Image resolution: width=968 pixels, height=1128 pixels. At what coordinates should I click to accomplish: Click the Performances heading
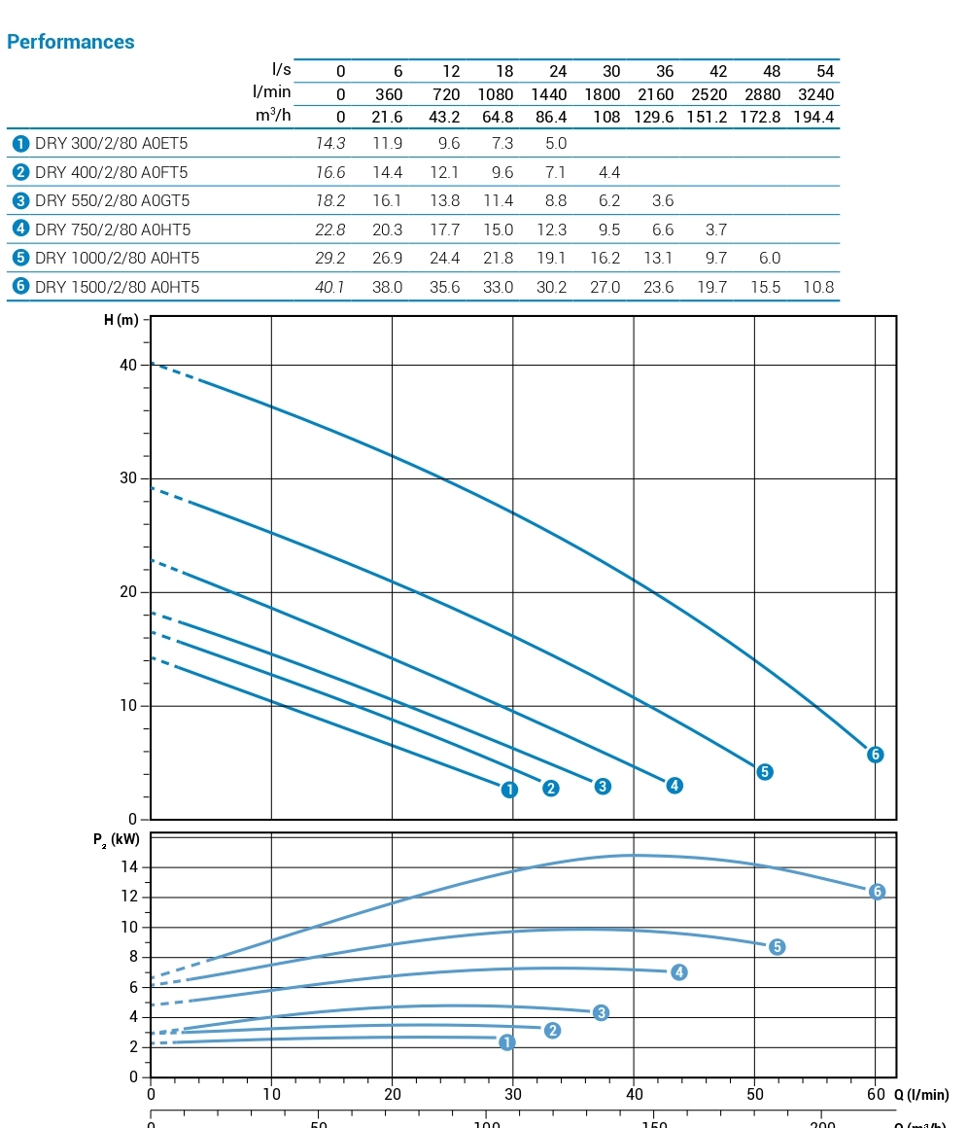(x=70, y=42)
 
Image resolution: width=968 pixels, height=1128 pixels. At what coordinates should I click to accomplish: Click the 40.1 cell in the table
(x=330, y=287)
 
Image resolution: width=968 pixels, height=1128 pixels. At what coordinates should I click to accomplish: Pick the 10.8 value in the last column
(x=817, y=287)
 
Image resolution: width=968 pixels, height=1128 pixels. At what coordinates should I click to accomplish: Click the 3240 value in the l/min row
(x=813, y=94)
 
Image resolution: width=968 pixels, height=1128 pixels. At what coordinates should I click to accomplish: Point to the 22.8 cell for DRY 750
(x=330, y=229)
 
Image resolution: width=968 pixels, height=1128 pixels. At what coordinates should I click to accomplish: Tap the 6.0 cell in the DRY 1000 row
(x=769, y=258)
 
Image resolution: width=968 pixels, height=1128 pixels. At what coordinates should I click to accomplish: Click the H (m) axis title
(x=121, y=322)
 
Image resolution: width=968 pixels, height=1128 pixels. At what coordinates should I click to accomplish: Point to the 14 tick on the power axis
(x=130, y=867)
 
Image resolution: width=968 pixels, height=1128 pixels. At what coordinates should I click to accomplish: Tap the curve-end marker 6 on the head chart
(x=875, y=755)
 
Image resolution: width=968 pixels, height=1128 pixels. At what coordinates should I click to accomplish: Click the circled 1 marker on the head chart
(x=509, y=790)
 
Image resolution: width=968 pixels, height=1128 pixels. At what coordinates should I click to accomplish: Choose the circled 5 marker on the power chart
(x=777, y=947)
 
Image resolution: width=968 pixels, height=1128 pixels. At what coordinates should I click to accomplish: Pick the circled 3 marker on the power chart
(x=601, y=1013)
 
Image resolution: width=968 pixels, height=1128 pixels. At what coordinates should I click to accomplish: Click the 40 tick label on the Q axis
(x=634, y=1094)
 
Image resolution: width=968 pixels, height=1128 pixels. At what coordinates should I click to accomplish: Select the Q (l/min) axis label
(x=921, y=1095)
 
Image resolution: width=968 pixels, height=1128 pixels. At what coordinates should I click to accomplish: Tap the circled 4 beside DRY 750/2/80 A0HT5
(x=20, y=229)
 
